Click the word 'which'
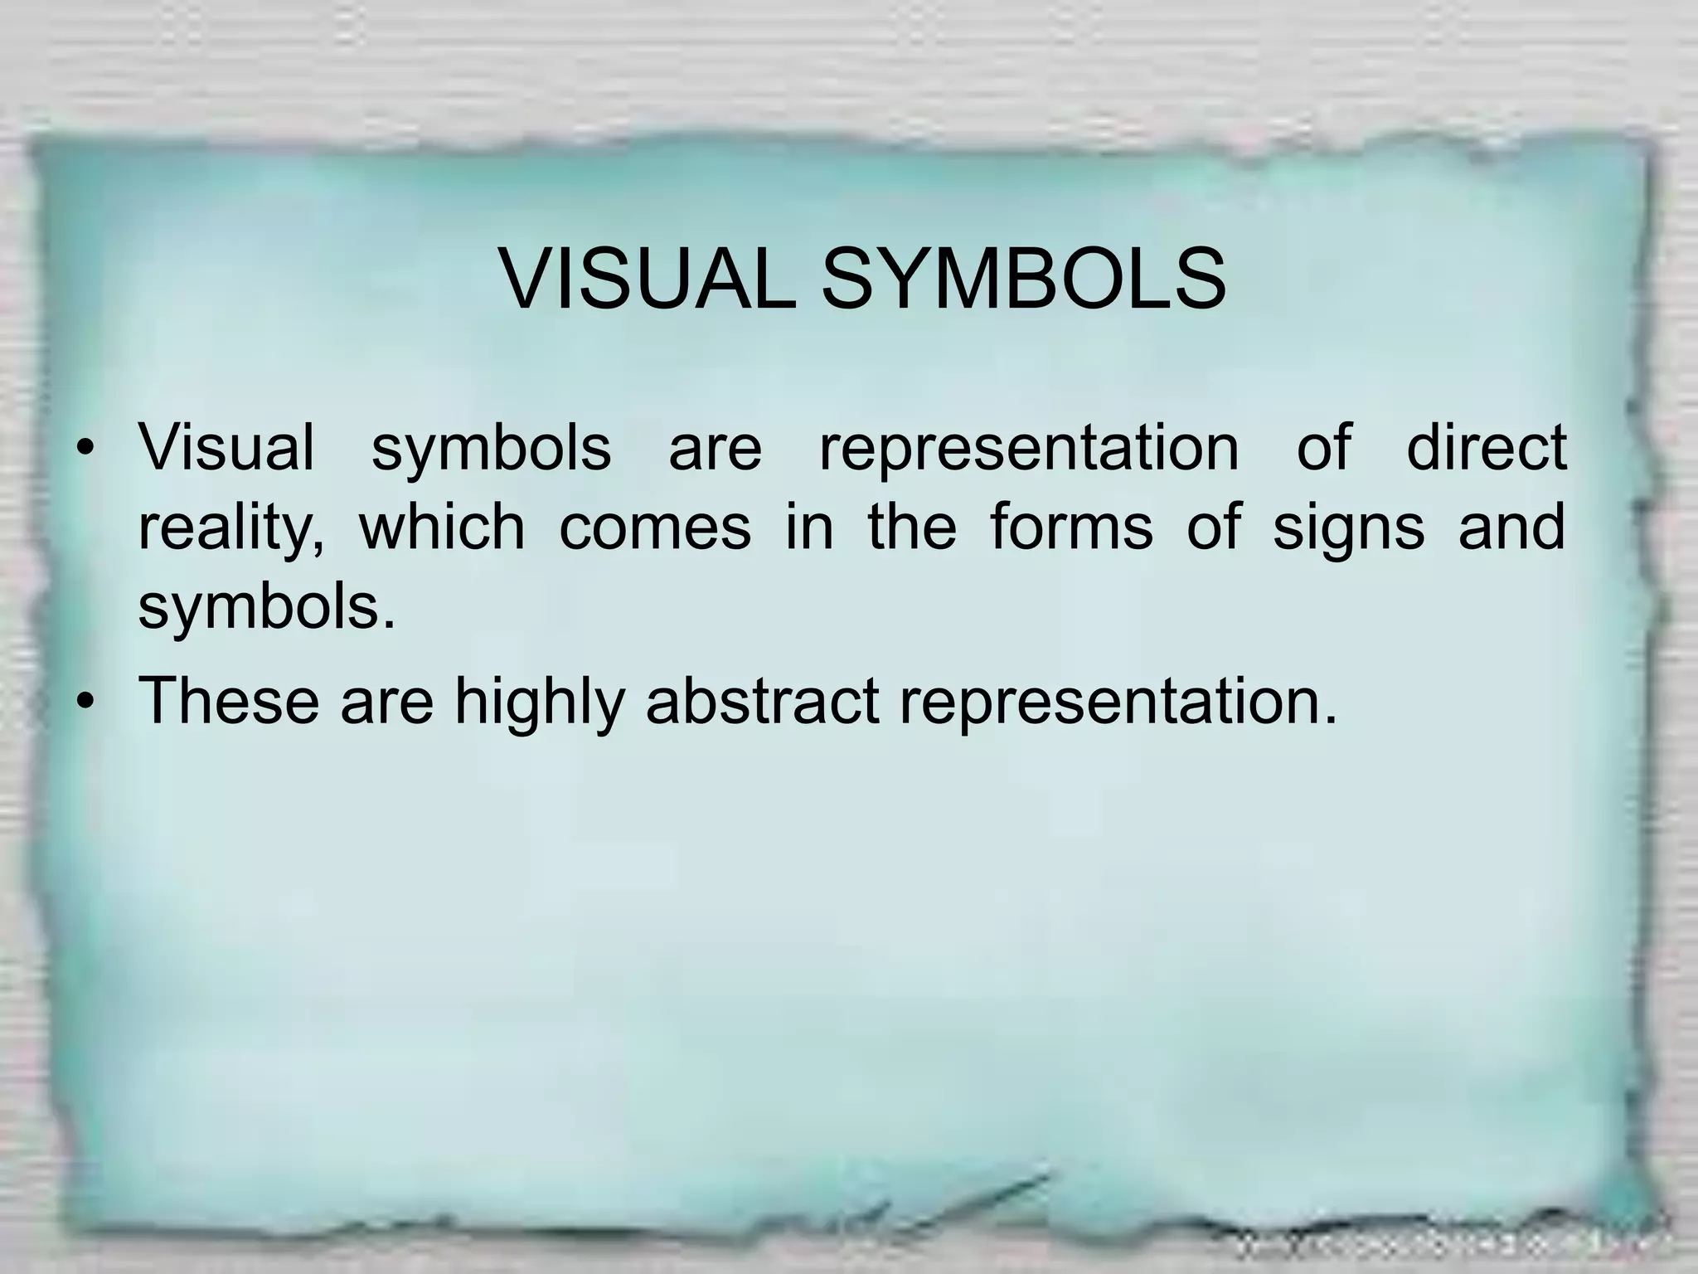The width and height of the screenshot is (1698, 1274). pos(442,528)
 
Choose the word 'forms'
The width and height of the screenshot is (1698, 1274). pos(1071,528)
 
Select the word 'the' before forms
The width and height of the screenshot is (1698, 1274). pos(912,528)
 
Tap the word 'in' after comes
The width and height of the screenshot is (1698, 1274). pos(809,528)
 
